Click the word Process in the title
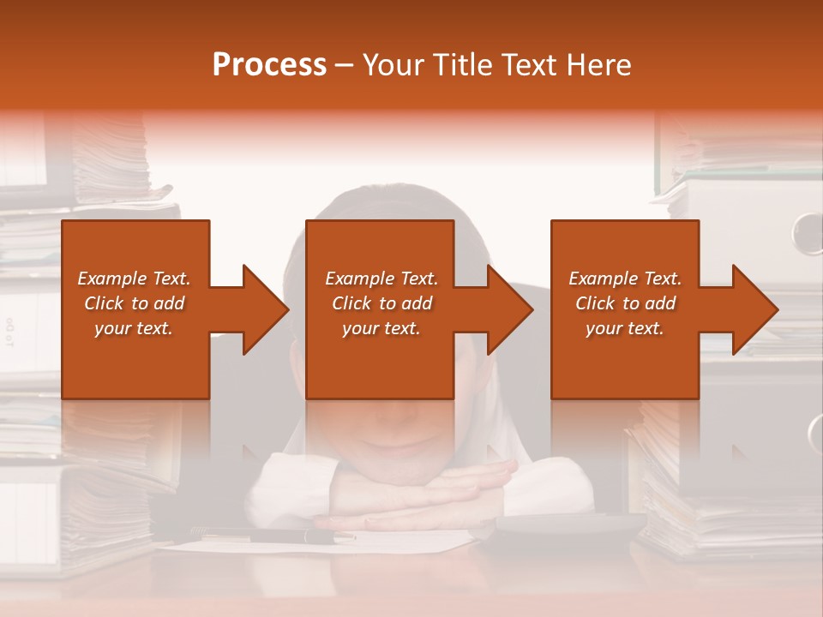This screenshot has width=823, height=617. (269, 65)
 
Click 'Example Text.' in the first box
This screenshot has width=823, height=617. (135, 279)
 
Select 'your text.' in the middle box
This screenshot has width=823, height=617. (381, 328)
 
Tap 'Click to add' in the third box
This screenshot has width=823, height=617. (625, 303)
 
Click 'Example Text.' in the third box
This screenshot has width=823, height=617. (625, 279)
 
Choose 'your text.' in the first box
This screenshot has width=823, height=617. (135, 328)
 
